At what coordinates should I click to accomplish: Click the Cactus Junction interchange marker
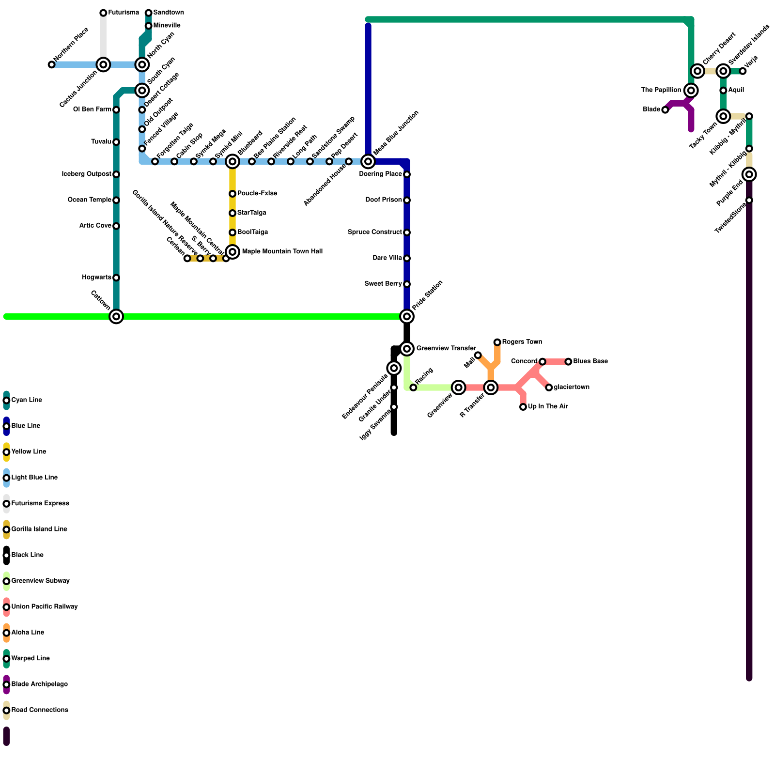pyautogui.click(x=103, y=64)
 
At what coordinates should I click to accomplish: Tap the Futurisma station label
pyautogui.click(x=123, y=13)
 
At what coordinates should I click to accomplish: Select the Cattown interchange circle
pyautogui.click(x=116, y=316)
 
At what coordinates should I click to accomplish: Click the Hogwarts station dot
pyautogui.click(x=116, y=278)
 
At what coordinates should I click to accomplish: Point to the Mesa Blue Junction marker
pyautogui.click(x=368, y=161)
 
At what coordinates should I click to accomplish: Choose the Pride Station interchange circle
pyautogui.click(x=407, y=316)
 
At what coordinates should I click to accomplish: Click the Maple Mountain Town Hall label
pyautogui.click(x=282, y=251)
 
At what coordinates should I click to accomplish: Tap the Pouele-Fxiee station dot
pyautogui.click(x=232, y=194)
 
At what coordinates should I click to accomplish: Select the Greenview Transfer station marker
pyautogui.click(x=407, y=349)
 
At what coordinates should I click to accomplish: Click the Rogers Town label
pyautogui.click(x=522, y=342)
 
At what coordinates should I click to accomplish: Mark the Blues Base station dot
pyautogui.click(x=568, y=361)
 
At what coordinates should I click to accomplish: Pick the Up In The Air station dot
pyautogui.click(x=523, y=407)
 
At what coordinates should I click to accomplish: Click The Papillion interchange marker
pyautogui.click(x=691, y=90)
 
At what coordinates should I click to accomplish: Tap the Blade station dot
pyautogui.click(x=665, y=110)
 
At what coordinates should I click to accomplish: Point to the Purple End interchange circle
pyautogui.click(x=749, y=174)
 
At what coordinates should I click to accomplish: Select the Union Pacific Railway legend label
pyautogui.click(x=44, y=607)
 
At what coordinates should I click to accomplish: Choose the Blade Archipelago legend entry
pyautogui.click(x=39, y=684)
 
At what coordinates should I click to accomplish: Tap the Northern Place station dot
pyautogui.click(x=51, y=64)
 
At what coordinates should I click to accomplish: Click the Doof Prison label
pyautogui.click(x=383, y=200)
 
